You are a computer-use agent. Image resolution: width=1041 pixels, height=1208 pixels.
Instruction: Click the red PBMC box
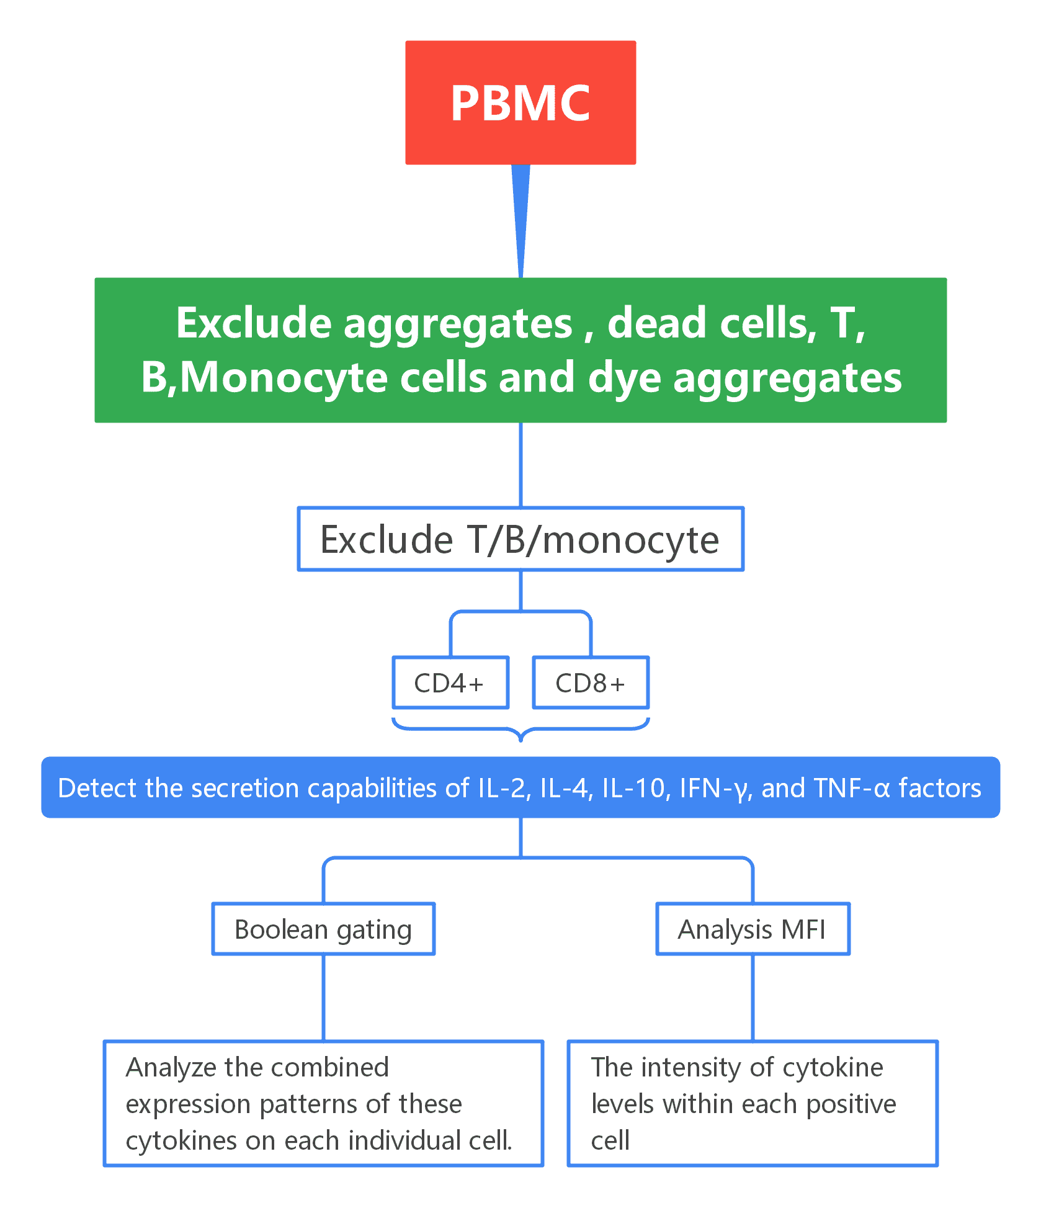tap(520, 102)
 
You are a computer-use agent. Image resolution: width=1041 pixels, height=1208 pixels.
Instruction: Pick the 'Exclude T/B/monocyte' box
tap(520, 539)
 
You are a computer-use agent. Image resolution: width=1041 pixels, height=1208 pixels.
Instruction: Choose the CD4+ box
tap(450, 683)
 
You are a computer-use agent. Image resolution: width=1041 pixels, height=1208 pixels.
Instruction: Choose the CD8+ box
tap(591, 683)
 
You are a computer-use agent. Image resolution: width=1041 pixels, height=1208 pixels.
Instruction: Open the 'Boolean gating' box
tap(323, 929)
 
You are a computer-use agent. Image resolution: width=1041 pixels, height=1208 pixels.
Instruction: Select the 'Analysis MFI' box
tap(752, 929)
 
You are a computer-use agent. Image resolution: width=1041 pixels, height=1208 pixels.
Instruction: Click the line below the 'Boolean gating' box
tap(323, 998)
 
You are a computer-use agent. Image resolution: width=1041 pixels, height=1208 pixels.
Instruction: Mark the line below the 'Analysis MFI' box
tap(753, 998)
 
